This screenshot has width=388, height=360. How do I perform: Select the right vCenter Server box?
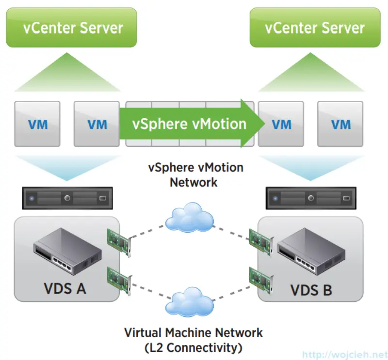(x=315, y=27)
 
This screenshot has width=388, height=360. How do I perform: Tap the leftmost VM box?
(x=37, y=124)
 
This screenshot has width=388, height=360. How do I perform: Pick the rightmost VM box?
(x=340, y=124)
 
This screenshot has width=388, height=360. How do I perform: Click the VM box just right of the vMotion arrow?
(x=281, y=124)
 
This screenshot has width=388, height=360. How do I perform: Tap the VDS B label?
(x=311, y=290)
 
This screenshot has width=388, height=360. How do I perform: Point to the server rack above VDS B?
(x=311, y=198)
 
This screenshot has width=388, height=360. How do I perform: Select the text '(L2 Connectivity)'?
(x=194, y=347)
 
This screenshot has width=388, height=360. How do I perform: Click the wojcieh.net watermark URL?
(x=344, y=354)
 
